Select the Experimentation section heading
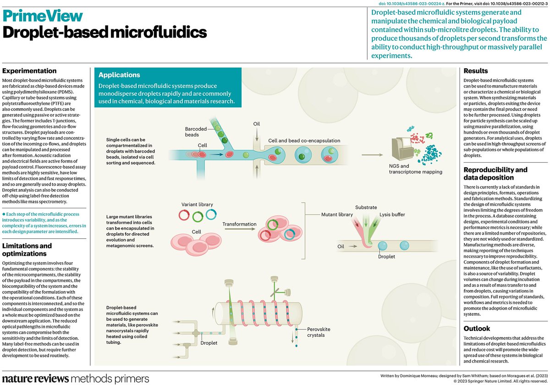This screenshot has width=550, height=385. pos(29,71)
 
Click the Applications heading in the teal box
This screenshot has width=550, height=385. pos(120,75)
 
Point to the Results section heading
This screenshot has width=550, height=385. pos(475,71)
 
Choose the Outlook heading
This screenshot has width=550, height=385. pos(477,329)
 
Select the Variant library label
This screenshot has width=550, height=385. pos(197,204)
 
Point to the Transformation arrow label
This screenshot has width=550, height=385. pos(240,224)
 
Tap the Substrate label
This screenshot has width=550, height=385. pos(366,207)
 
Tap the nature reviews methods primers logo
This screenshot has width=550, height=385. pos(75,379)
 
